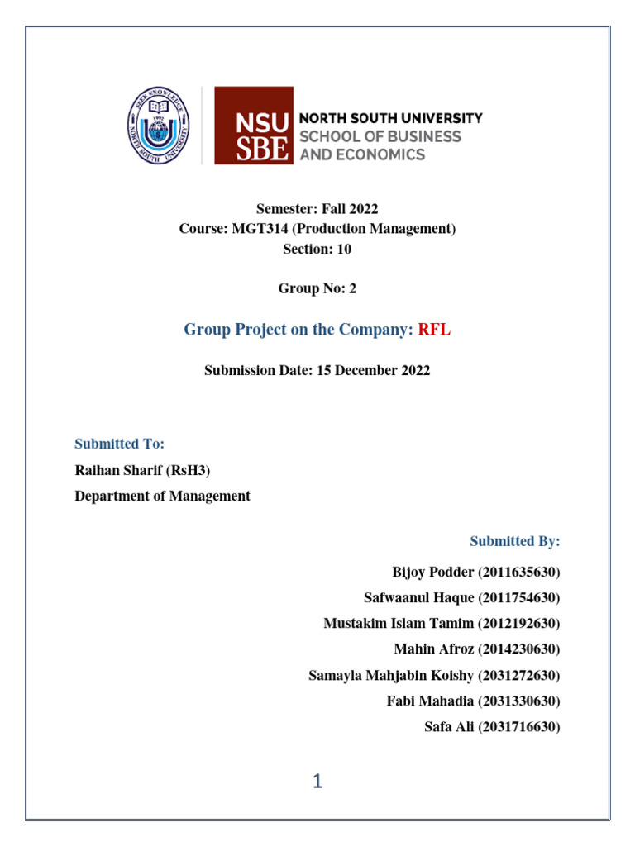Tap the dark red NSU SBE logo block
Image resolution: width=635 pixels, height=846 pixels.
tap(253, 126)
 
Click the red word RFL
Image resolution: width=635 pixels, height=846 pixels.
tap(434, 330)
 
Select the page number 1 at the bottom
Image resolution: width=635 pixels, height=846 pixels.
tap(317, 782)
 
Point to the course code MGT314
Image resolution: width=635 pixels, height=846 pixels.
tap(255, 228)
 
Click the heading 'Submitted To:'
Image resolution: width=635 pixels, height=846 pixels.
tap(120, 444)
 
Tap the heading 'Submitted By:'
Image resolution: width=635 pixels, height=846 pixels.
tap(515, 541)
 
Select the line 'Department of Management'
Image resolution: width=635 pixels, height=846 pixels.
tap(162, 496)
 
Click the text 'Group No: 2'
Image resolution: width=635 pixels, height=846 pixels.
tap(317, 288)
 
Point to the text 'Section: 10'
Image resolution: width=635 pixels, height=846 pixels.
tap(317, 249)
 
